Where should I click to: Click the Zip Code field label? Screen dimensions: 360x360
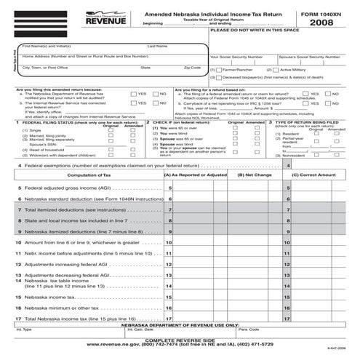tap(192, 68)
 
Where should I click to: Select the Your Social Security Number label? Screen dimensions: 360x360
tap(237, 56)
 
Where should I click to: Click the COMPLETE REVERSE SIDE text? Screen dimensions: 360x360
tap(180, 340)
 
